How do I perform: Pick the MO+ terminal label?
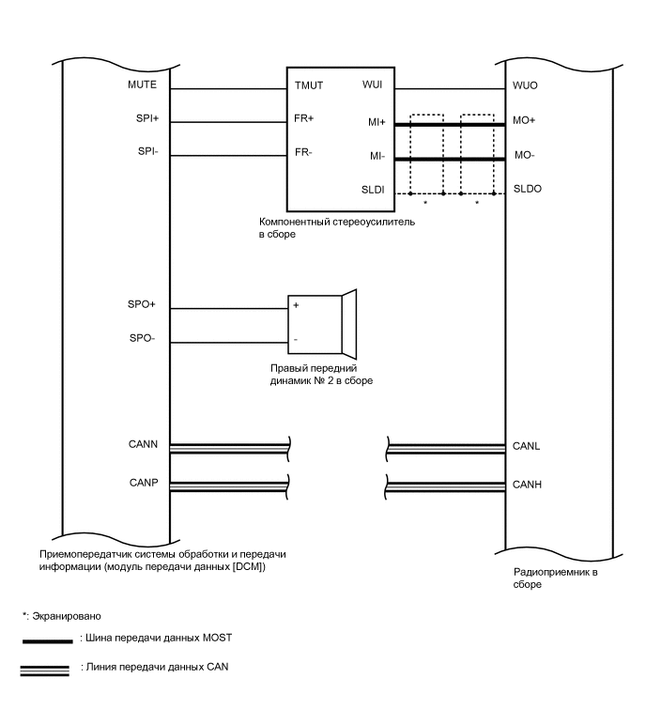[x=524, y=121]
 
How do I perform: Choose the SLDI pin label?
[x=373, y=190]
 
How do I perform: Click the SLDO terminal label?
[x=528, y=189]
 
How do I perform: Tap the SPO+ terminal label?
[x=141, y=306]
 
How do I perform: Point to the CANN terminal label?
[x=144, y=442]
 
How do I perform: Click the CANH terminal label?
[x=528, y=485]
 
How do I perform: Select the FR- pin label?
[x=304, y=151]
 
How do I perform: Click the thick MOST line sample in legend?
[x=47, y=641]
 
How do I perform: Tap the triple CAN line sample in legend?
[x=47, y=669]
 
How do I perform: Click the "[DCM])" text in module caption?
[x=247, y=566]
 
